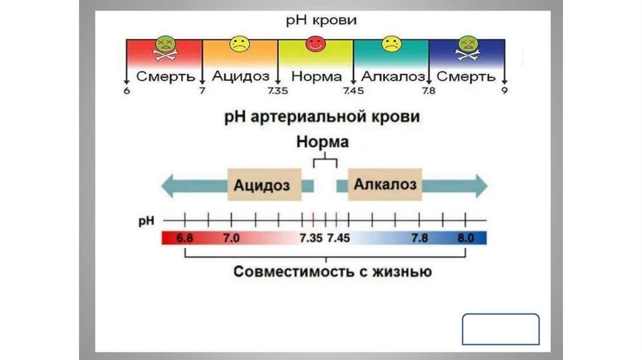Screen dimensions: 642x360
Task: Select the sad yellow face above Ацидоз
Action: [x=238, y=45]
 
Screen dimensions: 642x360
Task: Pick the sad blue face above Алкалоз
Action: [x=391, y=45]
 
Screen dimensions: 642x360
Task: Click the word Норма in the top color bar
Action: [x=317, y=77]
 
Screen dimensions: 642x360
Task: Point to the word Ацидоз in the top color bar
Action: [x=241, y=77]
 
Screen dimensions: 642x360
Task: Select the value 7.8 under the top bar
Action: [x=429, y=92]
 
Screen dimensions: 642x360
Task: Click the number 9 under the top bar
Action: [x=504, y=92]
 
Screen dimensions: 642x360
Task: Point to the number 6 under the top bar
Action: [x=126, y=92]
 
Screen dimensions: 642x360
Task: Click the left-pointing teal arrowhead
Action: [x=169, y=186]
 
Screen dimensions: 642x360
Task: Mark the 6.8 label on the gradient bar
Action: [x=185, y=238]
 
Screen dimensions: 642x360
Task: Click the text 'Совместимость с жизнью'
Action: [x=332, y=272]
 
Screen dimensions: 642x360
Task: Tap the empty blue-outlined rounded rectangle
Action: [x=500, y=329]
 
